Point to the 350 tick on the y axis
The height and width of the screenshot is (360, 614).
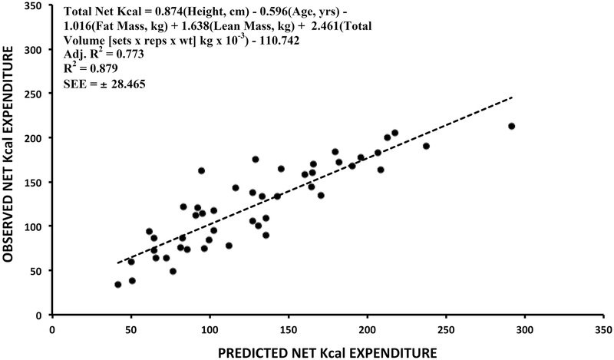[x=35, y=5]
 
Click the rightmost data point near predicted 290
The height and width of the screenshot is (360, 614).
[x=511, y=126]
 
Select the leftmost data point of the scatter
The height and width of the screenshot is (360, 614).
[x=117, y=284]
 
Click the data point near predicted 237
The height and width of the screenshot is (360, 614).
[x=426, y=146]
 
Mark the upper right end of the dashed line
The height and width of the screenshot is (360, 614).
[x=512, y=97]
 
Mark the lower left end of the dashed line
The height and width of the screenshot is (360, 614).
[x=117, y=263]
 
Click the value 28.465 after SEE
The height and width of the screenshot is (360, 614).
[x=124, y=83]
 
